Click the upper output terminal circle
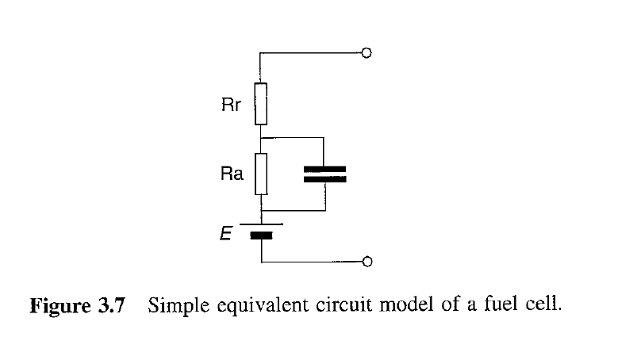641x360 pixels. pyautogui.click(x=366, y=54)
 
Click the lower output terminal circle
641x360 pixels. pyautogui.click(x=366, y=261)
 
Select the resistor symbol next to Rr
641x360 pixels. pyautogui.click(x=261, y=104)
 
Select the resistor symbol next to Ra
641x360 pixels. pyautogui.click(x=261, y=174)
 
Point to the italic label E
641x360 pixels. pyautogui.click(x=226, y=233)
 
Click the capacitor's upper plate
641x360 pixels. pyautogui.click(x=325, y=169)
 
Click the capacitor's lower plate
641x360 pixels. pyautogui.click(x=325, y=180)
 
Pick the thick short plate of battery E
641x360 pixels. pyautogui.click(x=261, y=235)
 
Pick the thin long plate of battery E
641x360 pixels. pyautogui.click(x=261, y=224)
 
